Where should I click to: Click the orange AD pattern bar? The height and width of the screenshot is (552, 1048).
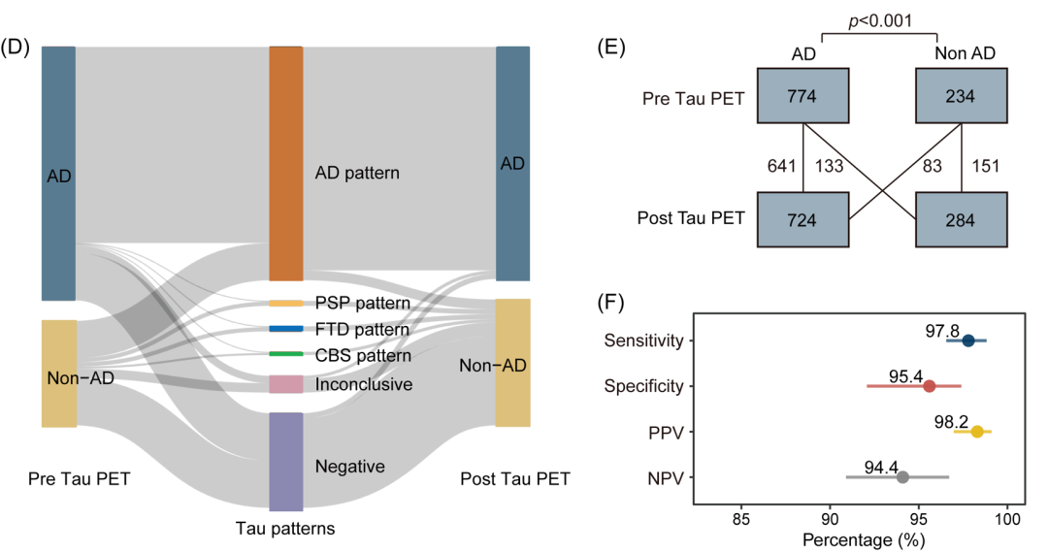coord(286,164)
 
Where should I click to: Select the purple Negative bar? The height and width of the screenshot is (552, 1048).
coord(286,462)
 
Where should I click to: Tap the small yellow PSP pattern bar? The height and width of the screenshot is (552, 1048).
coord(286,304)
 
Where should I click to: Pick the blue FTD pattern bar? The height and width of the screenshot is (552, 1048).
coord(286,329)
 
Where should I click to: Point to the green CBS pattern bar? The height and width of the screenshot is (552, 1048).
coord(286,353)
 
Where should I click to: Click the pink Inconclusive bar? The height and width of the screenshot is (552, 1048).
coord(286,384)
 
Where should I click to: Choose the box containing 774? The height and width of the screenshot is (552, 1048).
coord(802,96)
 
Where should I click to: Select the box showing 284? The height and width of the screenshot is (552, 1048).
coord(961,220)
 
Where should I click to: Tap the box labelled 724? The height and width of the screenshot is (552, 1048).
coord(802,220)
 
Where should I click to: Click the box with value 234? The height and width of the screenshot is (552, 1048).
coord(961,96)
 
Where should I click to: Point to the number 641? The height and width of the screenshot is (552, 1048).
coord(781,166)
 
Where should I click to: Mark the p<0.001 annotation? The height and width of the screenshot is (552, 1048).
coord(879,20)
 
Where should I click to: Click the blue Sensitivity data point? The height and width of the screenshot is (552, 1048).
coord(967,341)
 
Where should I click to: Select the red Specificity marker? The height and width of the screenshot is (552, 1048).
coord(929,386)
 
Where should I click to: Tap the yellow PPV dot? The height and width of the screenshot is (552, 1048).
coord(977,432)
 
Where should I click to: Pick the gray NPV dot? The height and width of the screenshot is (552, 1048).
coord(903,477)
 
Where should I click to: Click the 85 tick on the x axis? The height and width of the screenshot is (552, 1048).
coord(741,519)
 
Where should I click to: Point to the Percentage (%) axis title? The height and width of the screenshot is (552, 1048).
coord(864,540)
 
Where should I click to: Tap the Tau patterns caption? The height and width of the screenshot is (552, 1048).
coord(285,529)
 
